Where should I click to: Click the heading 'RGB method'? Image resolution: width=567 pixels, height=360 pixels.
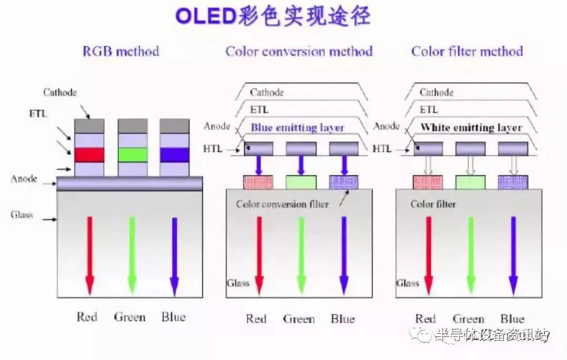point(121,51)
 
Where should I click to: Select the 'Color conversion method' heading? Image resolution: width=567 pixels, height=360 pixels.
point(299,51)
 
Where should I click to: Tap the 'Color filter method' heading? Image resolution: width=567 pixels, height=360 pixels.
point(467,51)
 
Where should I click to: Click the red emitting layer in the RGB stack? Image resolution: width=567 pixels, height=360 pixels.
point(89,155)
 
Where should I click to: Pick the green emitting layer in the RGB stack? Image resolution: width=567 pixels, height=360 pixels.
point(133,155)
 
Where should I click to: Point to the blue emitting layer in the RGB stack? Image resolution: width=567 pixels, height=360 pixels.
point(175,155)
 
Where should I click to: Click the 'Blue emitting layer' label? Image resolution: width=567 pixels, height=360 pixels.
point(297,128)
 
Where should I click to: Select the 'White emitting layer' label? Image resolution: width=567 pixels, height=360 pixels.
point(471,128)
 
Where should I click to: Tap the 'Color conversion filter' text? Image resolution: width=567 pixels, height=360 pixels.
point(282,205)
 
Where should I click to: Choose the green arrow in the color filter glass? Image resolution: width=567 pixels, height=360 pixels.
point(471,255)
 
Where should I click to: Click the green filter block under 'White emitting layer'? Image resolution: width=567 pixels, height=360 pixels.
point(470,182)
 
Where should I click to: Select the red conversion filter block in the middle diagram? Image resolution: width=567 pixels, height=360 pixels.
point(258,182)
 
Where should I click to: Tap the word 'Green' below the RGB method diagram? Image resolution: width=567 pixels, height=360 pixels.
point(130,317)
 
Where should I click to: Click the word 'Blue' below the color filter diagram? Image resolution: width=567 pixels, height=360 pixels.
point(512,319)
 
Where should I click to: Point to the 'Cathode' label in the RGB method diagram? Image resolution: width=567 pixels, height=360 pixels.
point(60,92)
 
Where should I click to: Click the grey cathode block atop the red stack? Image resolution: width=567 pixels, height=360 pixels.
point(89,126)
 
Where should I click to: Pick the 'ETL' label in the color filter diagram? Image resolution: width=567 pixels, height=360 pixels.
point(429,109)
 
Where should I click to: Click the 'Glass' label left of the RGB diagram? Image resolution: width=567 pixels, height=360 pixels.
point(22,215)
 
